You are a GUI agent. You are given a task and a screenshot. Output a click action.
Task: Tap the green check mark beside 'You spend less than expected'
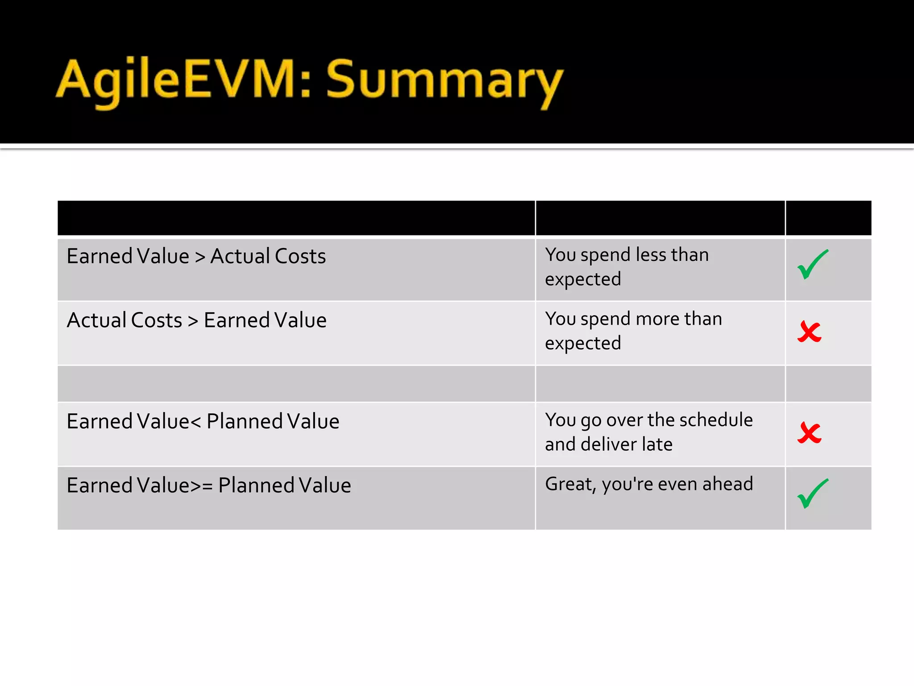813,265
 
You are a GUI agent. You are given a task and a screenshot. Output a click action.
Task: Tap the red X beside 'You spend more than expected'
809,332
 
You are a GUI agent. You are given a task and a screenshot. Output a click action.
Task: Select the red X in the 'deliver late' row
809,433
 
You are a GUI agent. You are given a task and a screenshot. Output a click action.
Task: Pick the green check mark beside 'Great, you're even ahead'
813,494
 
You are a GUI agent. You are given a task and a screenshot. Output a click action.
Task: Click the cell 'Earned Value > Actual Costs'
196,256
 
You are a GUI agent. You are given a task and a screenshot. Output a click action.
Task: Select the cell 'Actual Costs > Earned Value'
196,320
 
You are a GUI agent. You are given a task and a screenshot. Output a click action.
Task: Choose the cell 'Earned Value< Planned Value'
203,421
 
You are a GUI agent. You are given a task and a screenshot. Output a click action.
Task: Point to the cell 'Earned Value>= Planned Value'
209,485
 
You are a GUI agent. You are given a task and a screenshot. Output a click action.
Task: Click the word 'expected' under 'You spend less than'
583,280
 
